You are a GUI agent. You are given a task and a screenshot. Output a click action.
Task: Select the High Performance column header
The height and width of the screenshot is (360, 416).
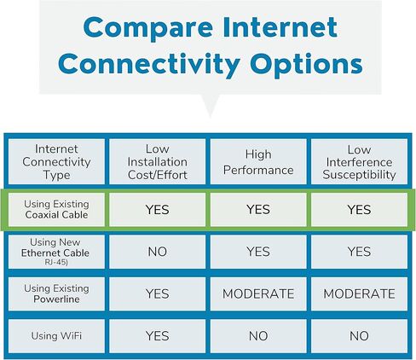[x=257, y=162]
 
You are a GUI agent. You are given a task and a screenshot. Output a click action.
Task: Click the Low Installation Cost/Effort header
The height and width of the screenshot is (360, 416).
[x=157, y=162]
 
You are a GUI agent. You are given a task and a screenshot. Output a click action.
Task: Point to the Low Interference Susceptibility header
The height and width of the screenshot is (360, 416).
[x=359, y=162]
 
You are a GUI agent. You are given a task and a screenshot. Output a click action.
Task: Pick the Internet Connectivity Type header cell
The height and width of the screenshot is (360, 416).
[x=56, y=162]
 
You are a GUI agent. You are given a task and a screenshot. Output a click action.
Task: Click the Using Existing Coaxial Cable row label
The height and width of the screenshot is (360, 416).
[x=56, y=209]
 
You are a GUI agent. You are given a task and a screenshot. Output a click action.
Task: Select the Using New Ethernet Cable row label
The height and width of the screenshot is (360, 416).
[x=56, y=250]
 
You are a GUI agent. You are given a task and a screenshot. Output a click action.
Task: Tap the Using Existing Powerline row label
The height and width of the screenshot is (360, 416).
[x=56, y=293]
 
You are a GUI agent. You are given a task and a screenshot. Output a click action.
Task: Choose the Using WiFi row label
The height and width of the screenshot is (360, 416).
[x=56, y=336]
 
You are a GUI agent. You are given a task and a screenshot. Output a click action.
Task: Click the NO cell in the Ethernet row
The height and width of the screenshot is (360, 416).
[x=157, y=252]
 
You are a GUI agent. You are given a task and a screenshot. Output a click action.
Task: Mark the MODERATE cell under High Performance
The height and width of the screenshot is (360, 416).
[x=257, y=294]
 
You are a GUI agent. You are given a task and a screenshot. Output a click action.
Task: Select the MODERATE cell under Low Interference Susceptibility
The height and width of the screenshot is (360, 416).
[x=359, y=294]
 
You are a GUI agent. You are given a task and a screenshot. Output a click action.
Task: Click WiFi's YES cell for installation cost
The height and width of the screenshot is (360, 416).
[x=157, y=336]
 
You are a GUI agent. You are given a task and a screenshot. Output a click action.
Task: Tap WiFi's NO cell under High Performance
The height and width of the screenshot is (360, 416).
[x=257, y=336]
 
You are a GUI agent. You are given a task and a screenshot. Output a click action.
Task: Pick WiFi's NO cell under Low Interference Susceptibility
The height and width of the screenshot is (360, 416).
[x=359, y=336]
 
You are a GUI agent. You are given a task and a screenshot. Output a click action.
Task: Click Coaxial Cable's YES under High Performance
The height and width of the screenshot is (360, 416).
[x=257, y=209]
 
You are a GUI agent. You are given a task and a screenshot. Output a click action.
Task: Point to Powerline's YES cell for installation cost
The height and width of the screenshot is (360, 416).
[x=157, y=294]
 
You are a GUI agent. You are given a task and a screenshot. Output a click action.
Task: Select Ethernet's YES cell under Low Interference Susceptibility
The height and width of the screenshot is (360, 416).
[x=359, y=252]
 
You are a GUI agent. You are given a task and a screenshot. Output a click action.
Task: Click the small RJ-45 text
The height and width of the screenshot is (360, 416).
[x=56, y=263]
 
